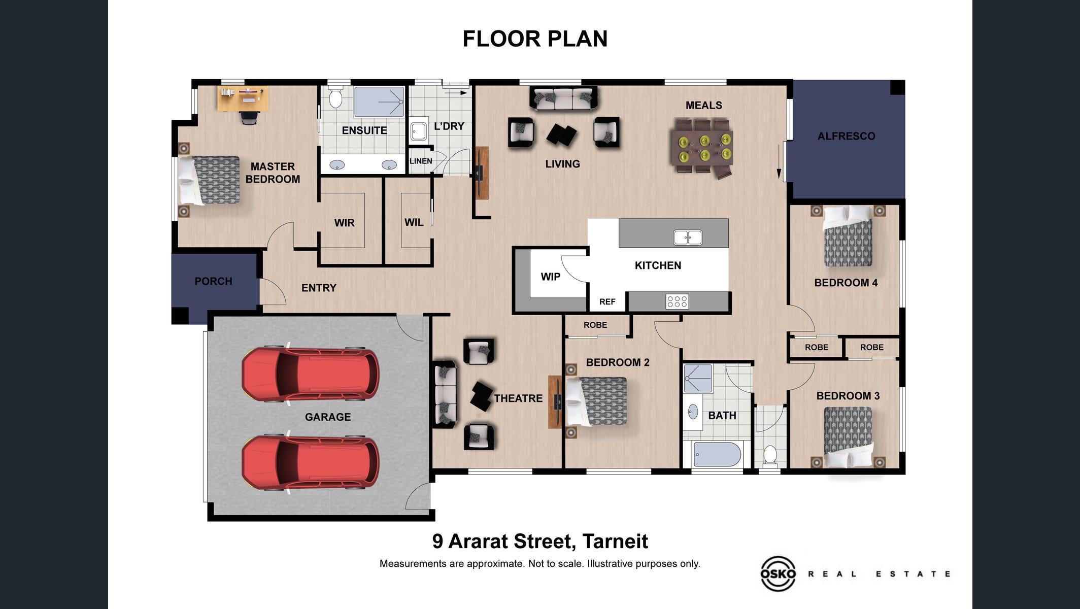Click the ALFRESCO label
[x=846, y=136]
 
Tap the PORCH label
[x=213, y=281]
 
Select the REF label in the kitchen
[x=607, y=302]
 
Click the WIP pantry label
[x=551, y=277]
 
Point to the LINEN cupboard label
[x=421, y=161]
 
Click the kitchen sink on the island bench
[x=688, y=237]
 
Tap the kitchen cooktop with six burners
[x=677, y=301]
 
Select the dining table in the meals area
[x=703, y=147]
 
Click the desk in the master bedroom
[x=243, y=98]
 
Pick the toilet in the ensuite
[x=335, y=96]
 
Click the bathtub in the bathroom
[x=717, y=454]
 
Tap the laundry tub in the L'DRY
[x=418, y=131]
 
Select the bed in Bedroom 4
[x=848, y=236]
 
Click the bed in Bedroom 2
[x=596, y=401]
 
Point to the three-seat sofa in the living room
[x=563, y=98]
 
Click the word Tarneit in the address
[x=615, y=542]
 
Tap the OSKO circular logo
[x=778, y=573]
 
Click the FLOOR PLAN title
[x=535, y=39]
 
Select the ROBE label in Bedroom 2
[x=595, y=325]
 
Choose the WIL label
[x=414, y=222]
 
